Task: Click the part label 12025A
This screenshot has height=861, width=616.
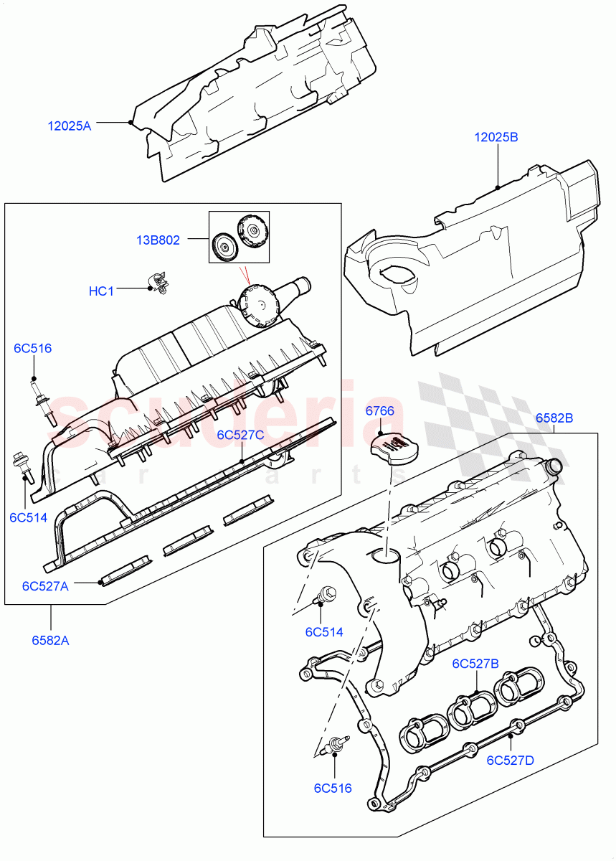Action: [x=70, y=126]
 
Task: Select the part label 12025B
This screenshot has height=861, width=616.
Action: [x=496, y=137]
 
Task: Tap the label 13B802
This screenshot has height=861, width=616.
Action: [x=159, y=240]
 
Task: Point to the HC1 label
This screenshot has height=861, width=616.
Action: [x=101, y=291]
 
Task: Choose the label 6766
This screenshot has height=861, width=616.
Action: [x=380, y=411]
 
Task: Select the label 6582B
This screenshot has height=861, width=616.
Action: [x=554, y=418]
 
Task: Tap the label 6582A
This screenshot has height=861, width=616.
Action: [x=50, y=641]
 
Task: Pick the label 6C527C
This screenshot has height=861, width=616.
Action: [x=241, y=435]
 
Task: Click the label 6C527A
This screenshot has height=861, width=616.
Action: [x=45, y=585]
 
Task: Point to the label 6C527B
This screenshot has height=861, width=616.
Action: [x=475, y=664]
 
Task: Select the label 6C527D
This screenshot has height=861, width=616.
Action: [x=510, y=760]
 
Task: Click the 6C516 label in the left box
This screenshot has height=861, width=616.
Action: [x=33, y=349]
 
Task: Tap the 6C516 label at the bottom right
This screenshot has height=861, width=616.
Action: [x=333, y=788]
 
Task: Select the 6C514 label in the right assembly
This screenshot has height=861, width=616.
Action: [x=323, y=632]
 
